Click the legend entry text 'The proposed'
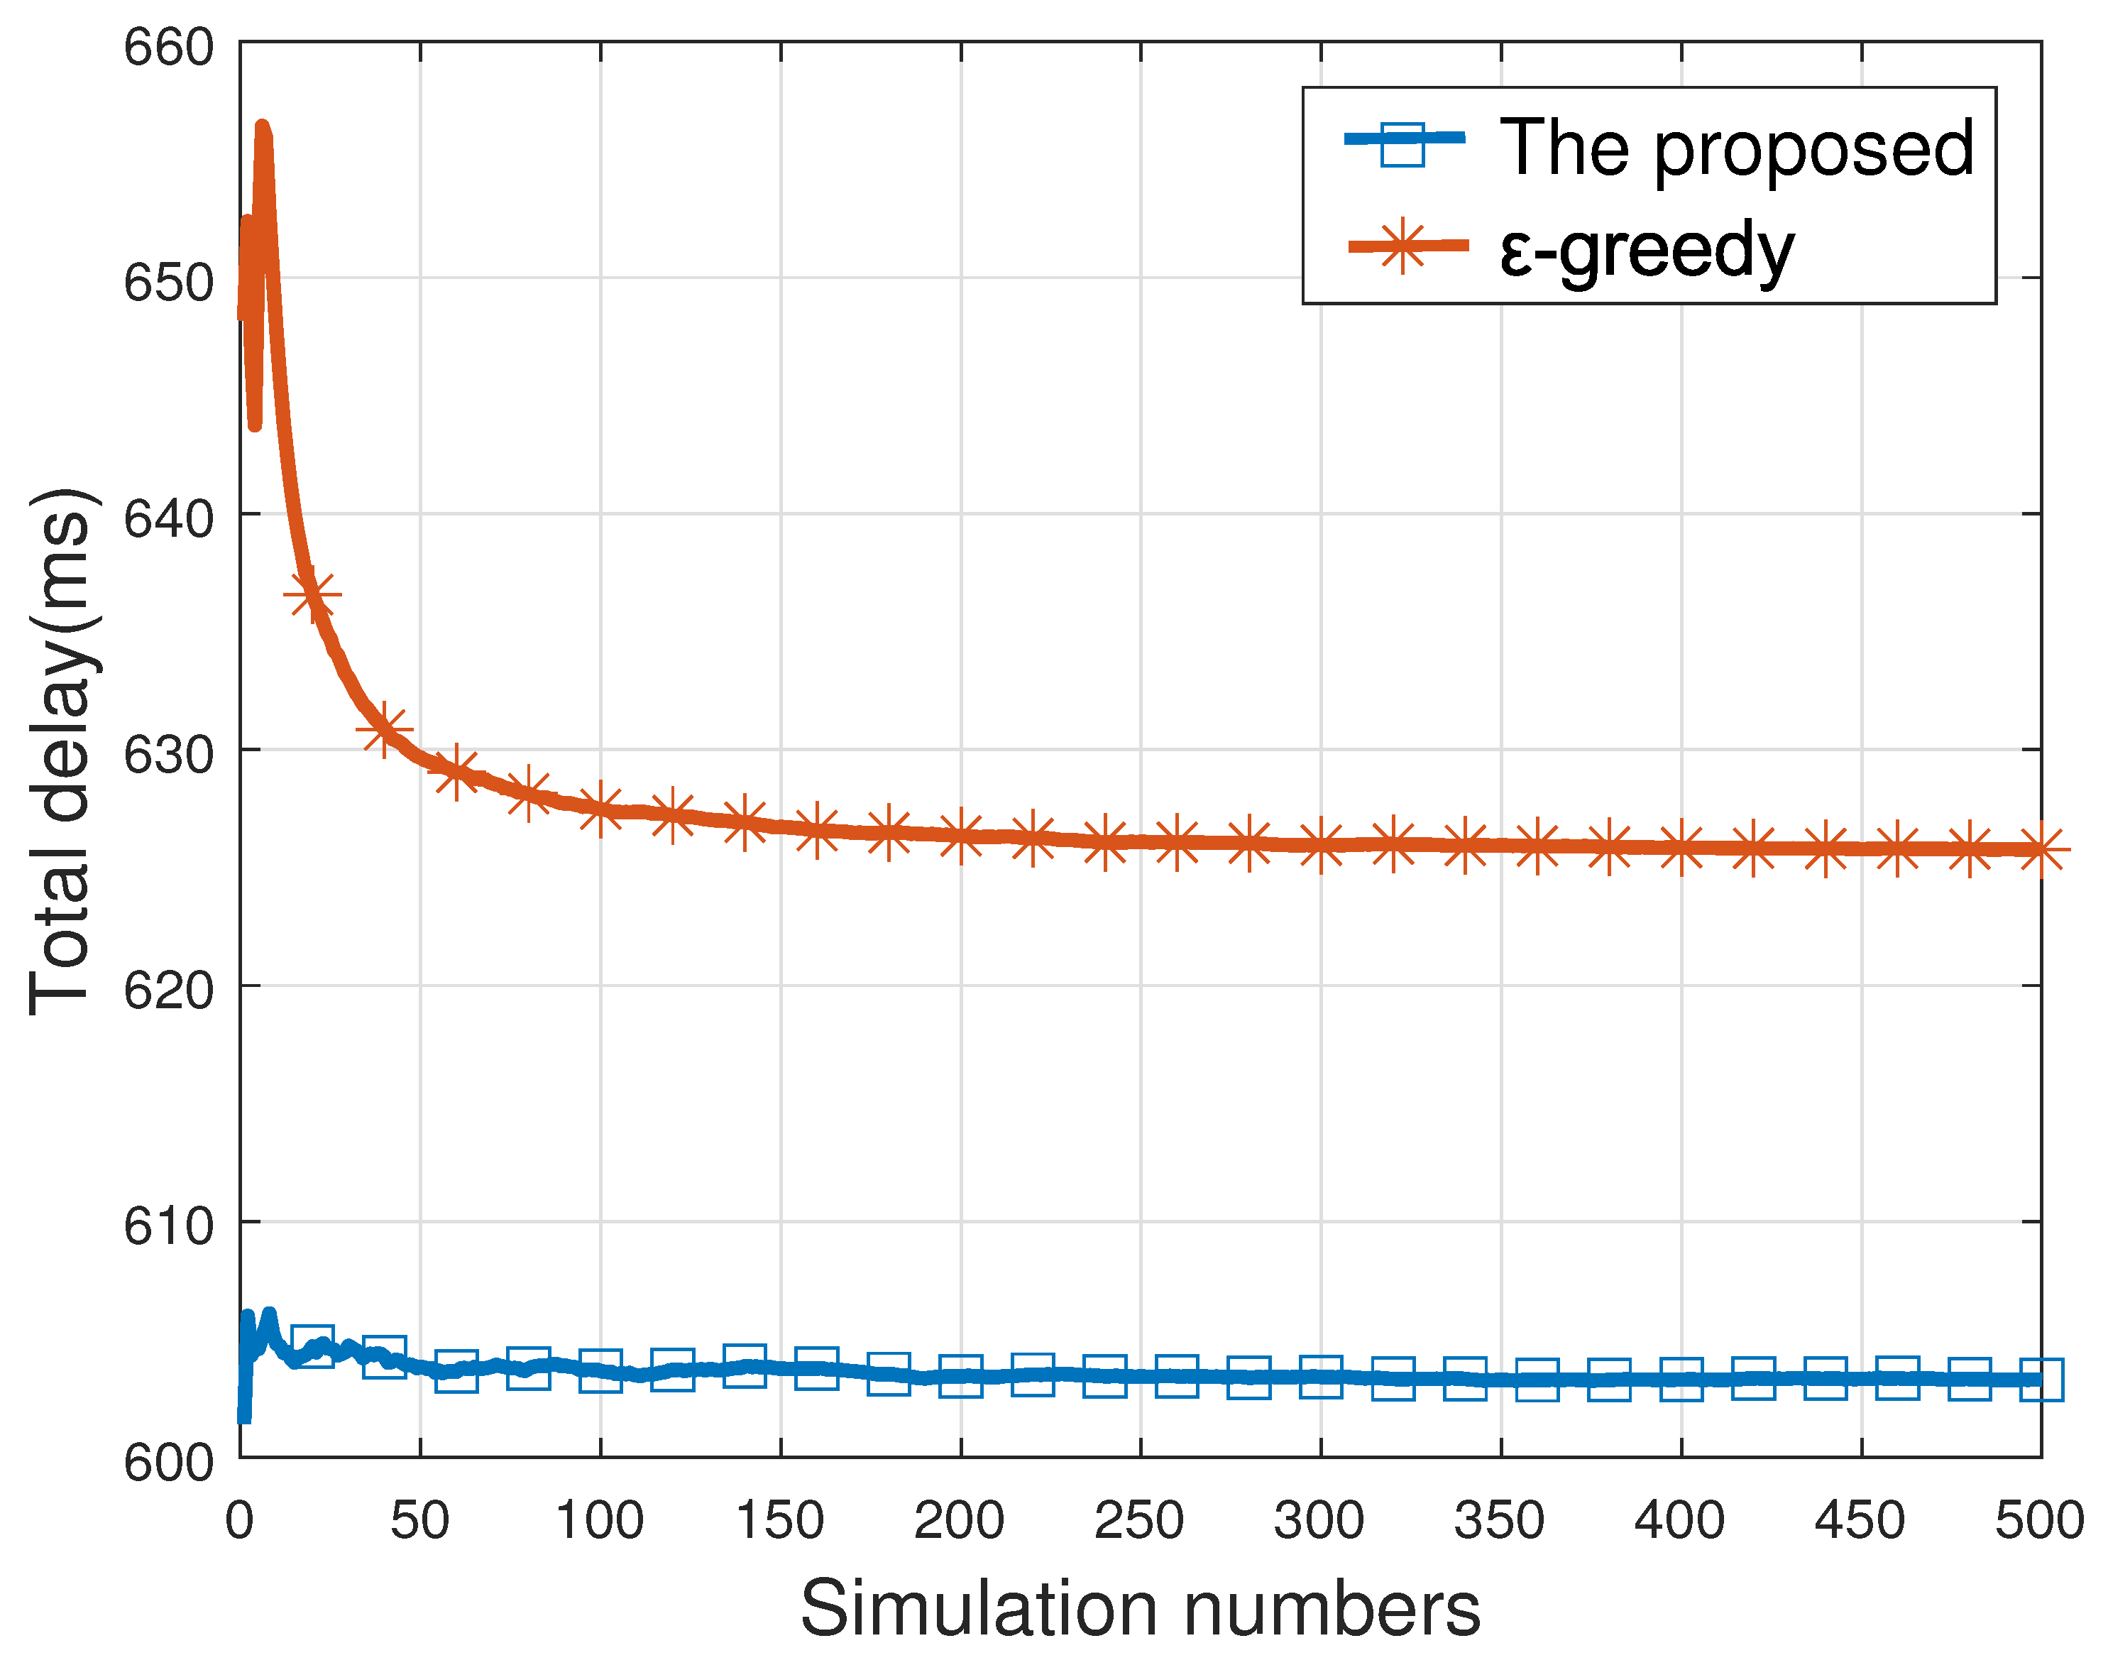click(1737, 148)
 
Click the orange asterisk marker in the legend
click(1402, 246)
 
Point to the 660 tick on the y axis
click(168, 47)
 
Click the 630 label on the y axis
click(168, 755)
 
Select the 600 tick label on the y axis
click(168, 1463)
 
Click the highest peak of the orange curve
click(262, 127)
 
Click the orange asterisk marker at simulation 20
click(312, 594)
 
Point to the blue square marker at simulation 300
click(1320, 1377)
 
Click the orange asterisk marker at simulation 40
click(384, 729)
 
